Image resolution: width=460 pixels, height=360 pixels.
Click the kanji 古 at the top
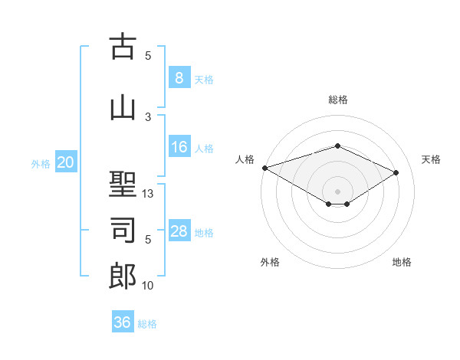click(x=123, y=47)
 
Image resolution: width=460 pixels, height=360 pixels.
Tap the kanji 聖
click(x=123, y=185)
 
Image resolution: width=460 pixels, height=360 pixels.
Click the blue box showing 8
click(x=179, y=78)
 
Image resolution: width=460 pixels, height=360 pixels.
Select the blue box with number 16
click(x=179, y=147)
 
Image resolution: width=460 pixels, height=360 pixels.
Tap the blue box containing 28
click(x=179, y=231)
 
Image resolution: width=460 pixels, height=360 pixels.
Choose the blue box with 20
click(x=65, y=162)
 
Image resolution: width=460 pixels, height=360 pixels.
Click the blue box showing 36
click(x=122, y=322)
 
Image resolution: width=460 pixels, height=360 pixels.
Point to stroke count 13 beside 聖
click(x=148, y=194)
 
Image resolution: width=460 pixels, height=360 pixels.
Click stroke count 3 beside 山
click(x=148, y=116)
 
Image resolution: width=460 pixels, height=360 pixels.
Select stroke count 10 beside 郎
click(x=148, y=286)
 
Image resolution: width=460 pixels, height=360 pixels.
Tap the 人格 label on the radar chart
click(x=245, y=159)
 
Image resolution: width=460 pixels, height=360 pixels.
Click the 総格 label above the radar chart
click(x=337, y=100)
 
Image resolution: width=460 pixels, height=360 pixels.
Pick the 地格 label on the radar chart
click(x=402, y=262)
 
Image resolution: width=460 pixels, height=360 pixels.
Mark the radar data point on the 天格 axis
click(x=396, y=173)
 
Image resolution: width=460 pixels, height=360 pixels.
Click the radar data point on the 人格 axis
click(x=264, y=168)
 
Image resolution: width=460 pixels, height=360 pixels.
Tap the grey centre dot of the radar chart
click(x=337, y=191)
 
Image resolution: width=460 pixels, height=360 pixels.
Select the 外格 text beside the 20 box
click(x=40, y=163)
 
